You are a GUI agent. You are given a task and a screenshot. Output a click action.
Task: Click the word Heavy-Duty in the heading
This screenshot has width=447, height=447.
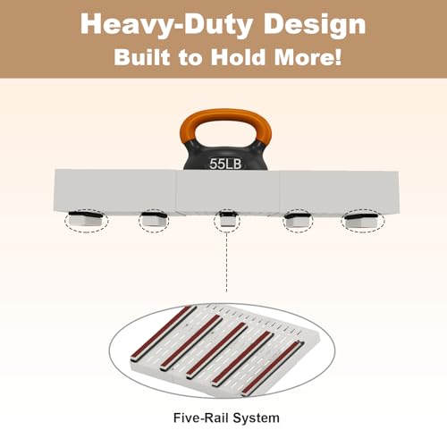pyautogui.click(x=166, y=26)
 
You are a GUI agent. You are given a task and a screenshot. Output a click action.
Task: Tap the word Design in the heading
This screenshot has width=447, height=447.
pyautogui.click(x=315, y=24)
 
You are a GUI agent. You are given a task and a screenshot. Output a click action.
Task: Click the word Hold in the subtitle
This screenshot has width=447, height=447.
pyautogui.click(x=238, y=56)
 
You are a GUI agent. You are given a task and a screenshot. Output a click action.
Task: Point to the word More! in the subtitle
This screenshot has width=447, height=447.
pyautogui.click(x=308, y=56)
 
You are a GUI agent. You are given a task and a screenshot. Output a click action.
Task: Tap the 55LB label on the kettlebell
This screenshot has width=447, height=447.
pyautogui.click(x=225, y=164)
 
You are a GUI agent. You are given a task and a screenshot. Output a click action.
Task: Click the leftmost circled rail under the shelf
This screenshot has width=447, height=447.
pyautogui.click(x=87, y=220)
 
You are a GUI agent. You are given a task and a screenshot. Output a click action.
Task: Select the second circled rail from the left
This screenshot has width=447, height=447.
pyautogui.click(x=154, y=220)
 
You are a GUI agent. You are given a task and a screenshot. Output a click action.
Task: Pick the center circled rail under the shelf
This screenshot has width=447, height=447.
pyautogui.click(x=227, y=220)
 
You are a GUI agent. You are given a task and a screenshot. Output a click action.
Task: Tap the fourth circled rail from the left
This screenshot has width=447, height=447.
pyautogui.click(x=298, y=221)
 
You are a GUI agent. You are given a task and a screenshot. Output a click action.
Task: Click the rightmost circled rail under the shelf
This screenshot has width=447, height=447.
pyautogui.click(x=363, y=221)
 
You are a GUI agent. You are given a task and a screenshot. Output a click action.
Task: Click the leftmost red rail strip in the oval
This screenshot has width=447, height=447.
pyautogui.click(x=163, y=333)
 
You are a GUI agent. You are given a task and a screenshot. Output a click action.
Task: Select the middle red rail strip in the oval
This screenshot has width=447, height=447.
pyautogui.click(x=217, y=350)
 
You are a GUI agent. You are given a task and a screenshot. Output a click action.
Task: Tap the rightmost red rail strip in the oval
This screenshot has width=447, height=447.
pyautogui.click(x=273, y=368)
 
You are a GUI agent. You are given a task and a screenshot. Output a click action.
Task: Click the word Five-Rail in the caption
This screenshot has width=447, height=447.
pyautogui.click(x=201, y=417)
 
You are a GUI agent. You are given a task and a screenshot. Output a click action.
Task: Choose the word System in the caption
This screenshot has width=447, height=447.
pyautogui.click(x=257, y=418)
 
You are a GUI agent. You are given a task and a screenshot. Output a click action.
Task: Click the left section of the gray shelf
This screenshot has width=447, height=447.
pyautogui.click(x=114, y=190)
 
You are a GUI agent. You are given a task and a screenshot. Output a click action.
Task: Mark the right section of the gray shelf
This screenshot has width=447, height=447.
pyautogui.click(x=339, y=192)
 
